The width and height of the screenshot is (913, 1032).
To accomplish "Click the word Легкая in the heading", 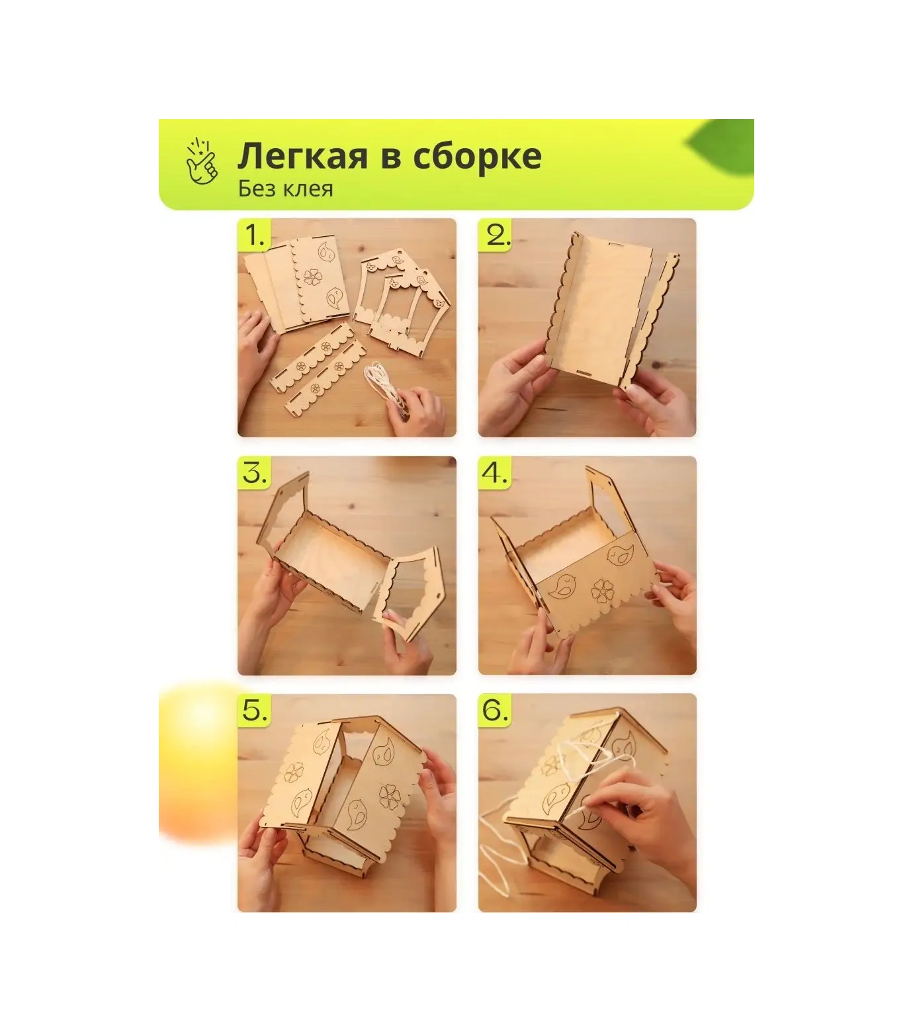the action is (x=302, y=156).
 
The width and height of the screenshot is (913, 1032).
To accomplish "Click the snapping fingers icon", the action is (x=202, y=161).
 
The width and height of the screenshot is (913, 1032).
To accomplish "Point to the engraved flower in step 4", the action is (x=602, y=591).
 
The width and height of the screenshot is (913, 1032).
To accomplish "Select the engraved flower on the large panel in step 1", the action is (x=312, y=276).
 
